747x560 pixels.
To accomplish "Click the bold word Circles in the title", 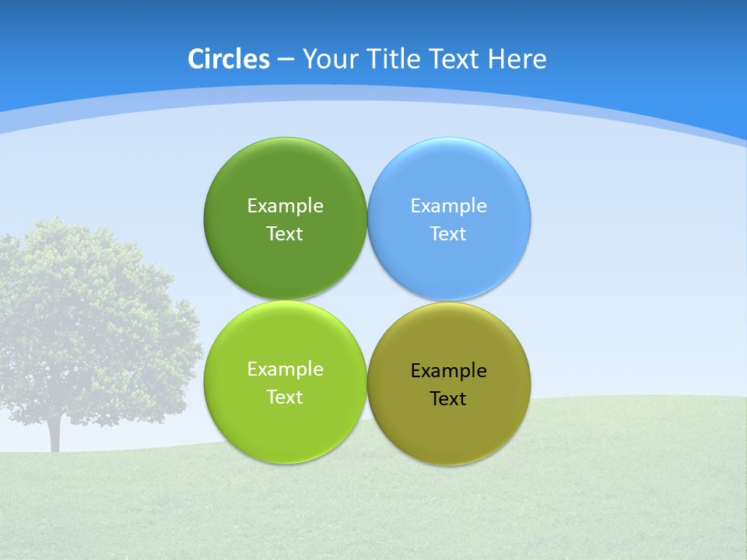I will pos(229,59).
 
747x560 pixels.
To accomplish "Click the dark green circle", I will pos(285,264).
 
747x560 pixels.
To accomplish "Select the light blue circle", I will pos(449,264).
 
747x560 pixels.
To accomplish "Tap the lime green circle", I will pos(285,428).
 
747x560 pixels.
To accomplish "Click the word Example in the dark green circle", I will pos(285,206).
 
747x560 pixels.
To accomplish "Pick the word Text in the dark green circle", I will pos(285,234).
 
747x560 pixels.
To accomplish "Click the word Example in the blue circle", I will pos(448,206).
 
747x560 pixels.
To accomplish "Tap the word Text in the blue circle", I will pos(448,234).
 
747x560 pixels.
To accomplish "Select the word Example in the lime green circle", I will pos(285,369).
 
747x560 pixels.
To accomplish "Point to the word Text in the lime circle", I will pos(285,397).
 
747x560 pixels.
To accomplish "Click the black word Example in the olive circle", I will pos(448,371).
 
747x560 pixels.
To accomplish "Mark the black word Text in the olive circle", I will pos(448,399).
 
